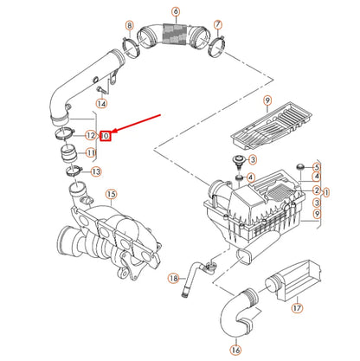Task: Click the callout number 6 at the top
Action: (176, 11)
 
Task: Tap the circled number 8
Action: (129, 27)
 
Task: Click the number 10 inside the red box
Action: (105, 136)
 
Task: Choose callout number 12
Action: (90, 136)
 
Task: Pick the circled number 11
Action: (90, 153)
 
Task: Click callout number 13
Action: (95, 171)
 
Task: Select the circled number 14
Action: (101, 104)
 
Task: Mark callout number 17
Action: (297, 306)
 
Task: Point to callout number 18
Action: (172, 278)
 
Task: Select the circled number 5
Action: (316, 166)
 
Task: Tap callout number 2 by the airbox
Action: (317, 190)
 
